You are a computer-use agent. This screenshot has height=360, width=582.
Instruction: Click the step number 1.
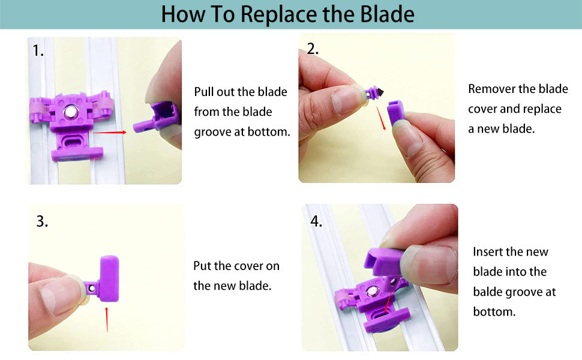tap(38, 50)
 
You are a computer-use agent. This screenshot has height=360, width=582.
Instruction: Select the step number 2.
tap(313, 49)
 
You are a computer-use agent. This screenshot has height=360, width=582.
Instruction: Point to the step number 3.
tap(42, 221)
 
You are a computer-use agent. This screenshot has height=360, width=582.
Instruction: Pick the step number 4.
tap(316, 221)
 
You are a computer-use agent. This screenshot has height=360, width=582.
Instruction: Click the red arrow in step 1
tap(109, 132)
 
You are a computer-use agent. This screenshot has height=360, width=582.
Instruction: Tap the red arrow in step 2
tap(381, 118)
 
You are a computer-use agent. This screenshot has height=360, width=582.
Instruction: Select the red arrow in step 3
tap(107, 320)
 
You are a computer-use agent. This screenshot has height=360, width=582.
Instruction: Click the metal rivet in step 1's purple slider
tap(70, 112)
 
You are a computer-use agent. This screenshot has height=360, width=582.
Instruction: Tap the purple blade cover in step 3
tap(109, 278)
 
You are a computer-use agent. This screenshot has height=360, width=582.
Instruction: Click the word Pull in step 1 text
tap(203, 92)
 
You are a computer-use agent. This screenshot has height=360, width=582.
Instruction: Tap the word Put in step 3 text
tap(202, 266)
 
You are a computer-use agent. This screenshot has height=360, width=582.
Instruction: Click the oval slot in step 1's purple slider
tap(76, 142)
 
